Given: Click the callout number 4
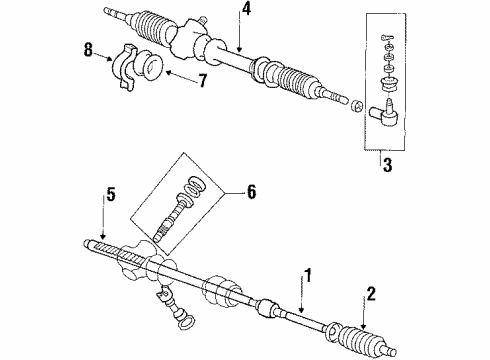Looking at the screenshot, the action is tap(245, 9).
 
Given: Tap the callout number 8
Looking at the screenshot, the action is tap(88, 50).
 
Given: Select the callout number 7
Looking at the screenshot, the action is tap(202, 80).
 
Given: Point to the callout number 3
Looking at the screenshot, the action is tap(387, 165).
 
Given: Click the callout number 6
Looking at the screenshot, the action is tap(251, 192).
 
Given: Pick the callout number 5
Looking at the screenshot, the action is tap(111, 194).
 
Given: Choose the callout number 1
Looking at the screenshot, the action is tap(308, 275).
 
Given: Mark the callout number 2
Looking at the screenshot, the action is tap(371, 294).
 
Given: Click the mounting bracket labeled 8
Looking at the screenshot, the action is tap(124, 67).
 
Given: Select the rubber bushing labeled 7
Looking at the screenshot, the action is tap(149, 65).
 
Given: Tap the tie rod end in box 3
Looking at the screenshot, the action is tap(384, 113).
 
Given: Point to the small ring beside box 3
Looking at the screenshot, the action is tap(356, 106).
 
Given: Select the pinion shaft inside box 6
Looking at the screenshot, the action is tap(173, 217).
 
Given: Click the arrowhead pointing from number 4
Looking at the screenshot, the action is tap(240, 49).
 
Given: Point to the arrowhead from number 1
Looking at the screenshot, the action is tap(302, 309).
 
